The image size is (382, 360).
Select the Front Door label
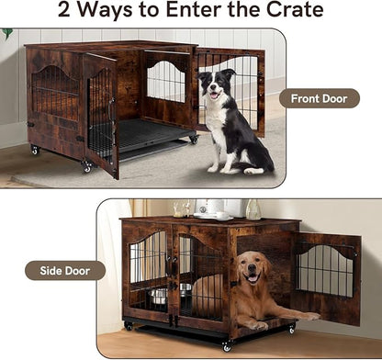tap(319, 98)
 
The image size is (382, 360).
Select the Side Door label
tap(64, 270)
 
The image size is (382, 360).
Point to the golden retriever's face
tap(250, 270)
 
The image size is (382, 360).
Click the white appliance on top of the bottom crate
tap(217, 208)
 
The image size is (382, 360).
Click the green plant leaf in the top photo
tap(8, 34)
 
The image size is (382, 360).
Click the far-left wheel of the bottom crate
tap(128, 325)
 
